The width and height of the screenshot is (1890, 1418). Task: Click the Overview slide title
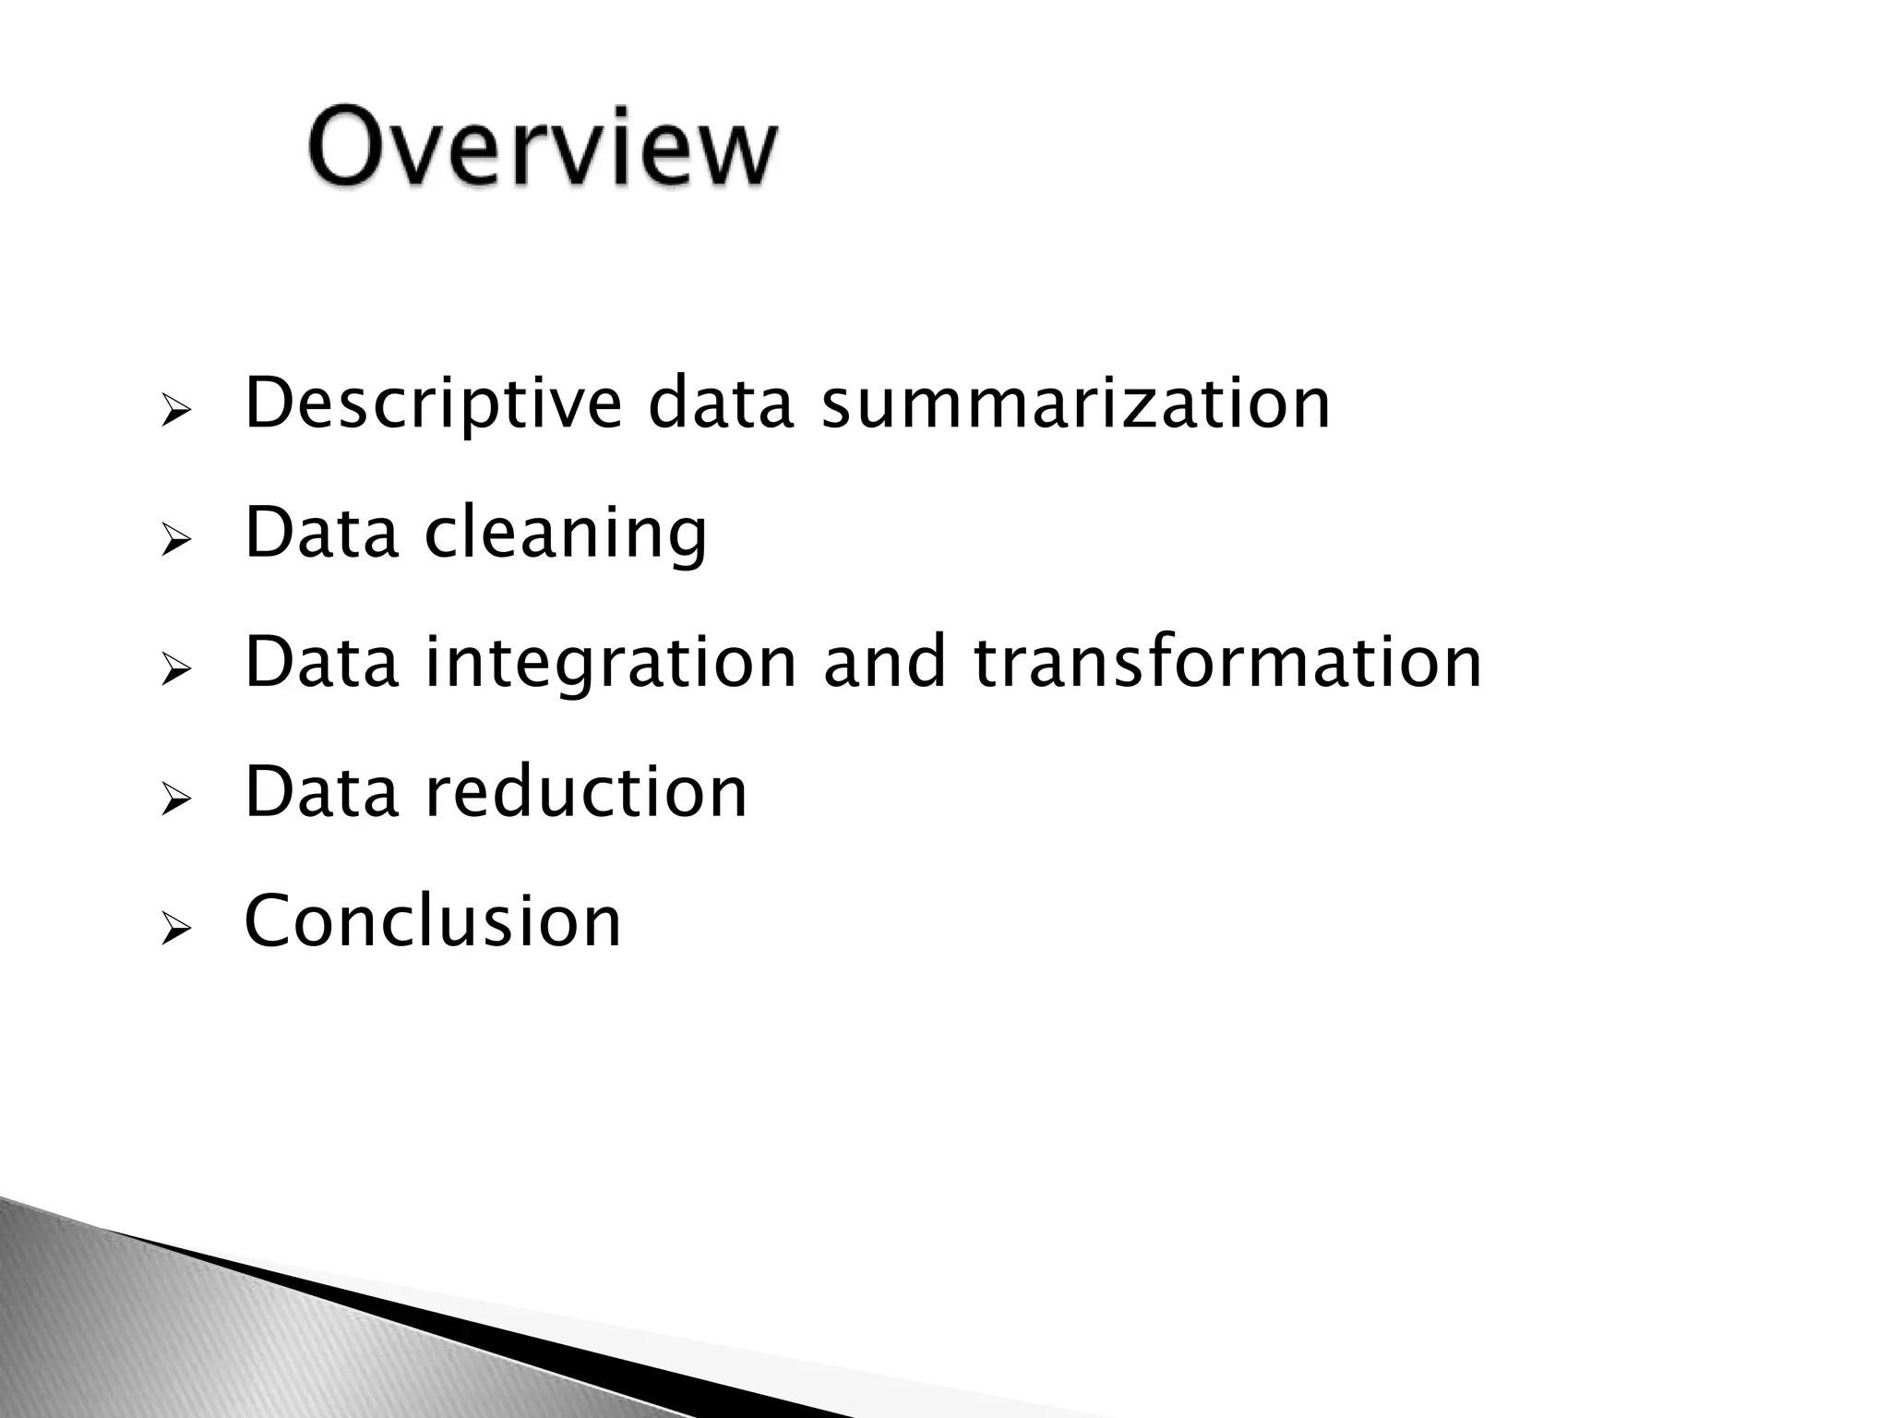(x=543, y=148)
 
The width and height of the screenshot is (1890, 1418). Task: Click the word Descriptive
(x=433, y=403)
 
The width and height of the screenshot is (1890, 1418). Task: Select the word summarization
(x=1075, y=403)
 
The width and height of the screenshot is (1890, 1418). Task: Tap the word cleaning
(x=566, y=534)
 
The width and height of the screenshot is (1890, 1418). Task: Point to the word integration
(x=610, y=663)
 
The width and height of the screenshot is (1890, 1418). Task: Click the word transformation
(x=1226, y=663)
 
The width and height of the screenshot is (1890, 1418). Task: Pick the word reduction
(x=585, y=792)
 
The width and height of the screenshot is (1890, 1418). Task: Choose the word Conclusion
(x=433, y=921)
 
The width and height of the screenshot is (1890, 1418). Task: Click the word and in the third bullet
(x=883, y=663)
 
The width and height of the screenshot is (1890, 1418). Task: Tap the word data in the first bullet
(x=720, y=403)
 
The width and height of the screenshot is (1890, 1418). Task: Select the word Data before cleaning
(x=321, y=534)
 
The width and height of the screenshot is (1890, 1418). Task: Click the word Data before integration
(x=321, y=663)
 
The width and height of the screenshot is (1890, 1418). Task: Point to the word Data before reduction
(x=321, y=792)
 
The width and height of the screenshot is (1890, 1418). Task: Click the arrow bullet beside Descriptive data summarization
(x=174, y=411)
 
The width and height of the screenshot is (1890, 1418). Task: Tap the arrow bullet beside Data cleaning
(x=174, y=541)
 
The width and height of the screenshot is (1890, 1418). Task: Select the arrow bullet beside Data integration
(x=174, y=670)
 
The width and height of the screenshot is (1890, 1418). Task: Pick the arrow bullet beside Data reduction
(x=174, y=799)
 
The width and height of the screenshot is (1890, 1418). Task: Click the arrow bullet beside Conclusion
(x=174, y=929)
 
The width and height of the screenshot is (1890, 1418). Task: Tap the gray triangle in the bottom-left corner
(x=138, y=1329)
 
